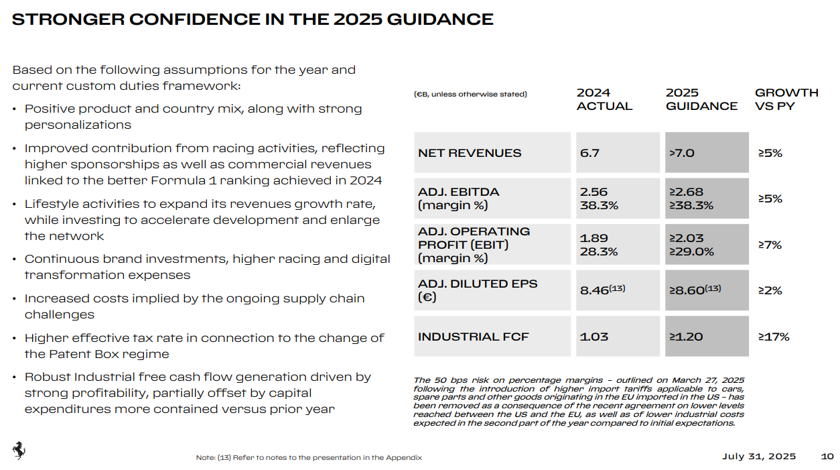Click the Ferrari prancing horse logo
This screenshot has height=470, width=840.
click(19, 451)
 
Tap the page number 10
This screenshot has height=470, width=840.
click(827, 457)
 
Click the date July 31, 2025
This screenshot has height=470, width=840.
click(759, 457)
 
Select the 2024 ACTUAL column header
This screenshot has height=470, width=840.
click(604, 99)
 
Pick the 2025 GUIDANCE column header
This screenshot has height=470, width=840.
click(701, 99)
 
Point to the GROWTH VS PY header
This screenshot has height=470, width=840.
click(786, 99)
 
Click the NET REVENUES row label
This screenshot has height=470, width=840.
click(470, 153)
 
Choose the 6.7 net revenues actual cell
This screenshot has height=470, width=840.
click(589, 153)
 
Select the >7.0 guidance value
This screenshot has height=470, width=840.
click(681, 153)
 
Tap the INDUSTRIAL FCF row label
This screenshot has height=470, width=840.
click(473, 337)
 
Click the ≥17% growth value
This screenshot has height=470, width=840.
click(774, 337)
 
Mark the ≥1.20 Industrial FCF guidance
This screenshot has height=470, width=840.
click(686, 337)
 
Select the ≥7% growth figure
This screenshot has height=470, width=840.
click(770, 245)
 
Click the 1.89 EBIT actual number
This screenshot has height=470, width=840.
click(594, 238)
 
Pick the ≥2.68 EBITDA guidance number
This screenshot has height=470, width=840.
click(686, 192)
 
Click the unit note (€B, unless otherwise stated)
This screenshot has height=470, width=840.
click(470, 95)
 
